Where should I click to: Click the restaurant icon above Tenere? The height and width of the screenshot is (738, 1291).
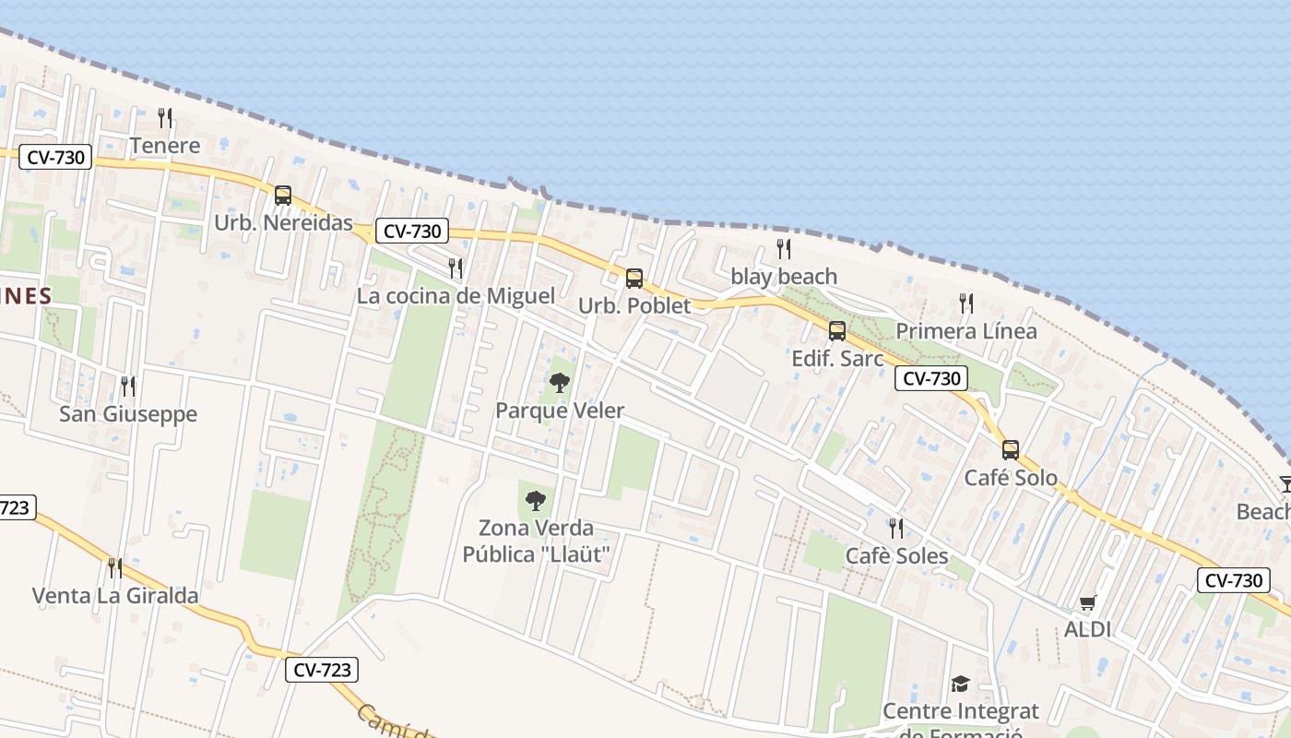point(165,117)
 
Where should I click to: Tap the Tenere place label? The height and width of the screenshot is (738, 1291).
point(165,146)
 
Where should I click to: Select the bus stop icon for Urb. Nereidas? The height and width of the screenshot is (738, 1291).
point(283,196)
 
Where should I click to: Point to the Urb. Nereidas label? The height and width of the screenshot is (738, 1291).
point(283,223)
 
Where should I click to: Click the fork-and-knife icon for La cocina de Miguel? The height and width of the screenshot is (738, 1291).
point(456,268)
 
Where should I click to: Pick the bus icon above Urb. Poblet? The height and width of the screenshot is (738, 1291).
point(634,279)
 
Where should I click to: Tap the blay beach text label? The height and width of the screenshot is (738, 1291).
point(784,277)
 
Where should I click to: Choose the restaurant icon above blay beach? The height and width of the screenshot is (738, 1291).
point(784,249)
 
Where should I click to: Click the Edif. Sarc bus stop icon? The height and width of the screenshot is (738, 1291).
point(837,331)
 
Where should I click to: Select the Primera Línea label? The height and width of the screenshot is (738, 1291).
point(966,331)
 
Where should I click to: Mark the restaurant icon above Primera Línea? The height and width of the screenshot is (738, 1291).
point(966,304)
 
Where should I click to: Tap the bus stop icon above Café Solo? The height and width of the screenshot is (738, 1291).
point(1011,450)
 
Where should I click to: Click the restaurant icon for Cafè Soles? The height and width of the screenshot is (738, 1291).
point(896,529)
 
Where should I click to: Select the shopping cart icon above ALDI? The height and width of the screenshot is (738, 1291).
point(1088,603)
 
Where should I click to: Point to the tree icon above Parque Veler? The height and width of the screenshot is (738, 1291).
point(560,383)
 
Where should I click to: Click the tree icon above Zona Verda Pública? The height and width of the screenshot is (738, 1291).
point(536,501)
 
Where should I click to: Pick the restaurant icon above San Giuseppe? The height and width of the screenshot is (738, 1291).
point(128,386)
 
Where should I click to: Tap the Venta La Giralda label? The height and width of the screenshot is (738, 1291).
point(115,596)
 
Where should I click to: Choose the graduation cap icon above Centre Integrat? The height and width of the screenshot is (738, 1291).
point(961,684)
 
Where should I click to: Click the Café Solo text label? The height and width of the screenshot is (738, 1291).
point(1011,479)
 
